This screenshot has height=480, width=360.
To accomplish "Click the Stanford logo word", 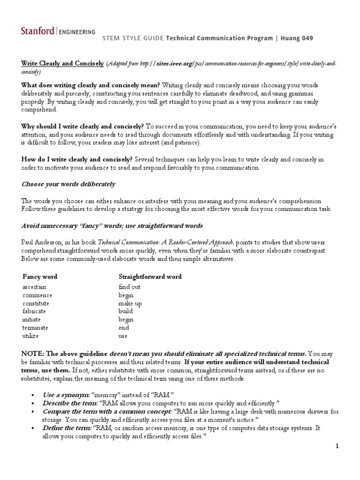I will (37, 31).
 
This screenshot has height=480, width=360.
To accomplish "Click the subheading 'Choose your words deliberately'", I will (68, 184).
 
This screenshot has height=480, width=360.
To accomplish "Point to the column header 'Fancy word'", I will (40, 277).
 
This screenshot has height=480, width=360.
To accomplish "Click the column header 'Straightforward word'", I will (150, 277).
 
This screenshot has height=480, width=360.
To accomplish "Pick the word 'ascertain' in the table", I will (34, 286).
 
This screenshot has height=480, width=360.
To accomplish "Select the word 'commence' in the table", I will (37, 295).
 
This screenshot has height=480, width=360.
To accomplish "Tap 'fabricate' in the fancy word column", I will (35, 311).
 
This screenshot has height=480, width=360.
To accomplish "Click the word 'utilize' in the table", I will (31, 336).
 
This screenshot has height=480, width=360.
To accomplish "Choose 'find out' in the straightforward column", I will (129, 286).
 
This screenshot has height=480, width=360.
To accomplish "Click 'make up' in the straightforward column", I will (130, 303).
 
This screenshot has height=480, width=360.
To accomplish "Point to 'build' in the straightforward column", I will (126, 311).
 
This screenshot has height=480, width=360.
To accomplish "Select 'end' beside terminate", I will (123, 328).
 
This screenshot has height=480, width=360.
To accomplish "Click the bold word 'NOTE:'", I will (33, 354).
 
